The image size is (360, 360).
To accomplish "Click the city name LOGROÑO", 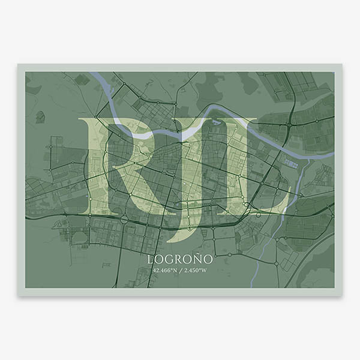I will click(x=180, y=260).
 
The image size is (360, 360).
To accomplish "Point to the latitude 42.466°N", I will click(x=165, y=271).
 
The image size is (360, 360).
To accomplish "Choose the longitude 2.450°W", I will click(x=196, y=271).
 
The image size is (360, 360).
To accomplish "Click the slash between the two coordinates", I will click(x=180, y=271).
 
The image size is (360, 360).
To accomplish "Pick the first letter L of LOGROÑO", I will click(x=150, y=260).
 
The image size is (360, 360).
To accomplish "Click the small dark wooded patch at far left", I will click(x=40, y=116).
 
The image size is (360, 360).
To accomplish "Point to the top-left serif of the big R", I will click(x=84, y=122).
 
